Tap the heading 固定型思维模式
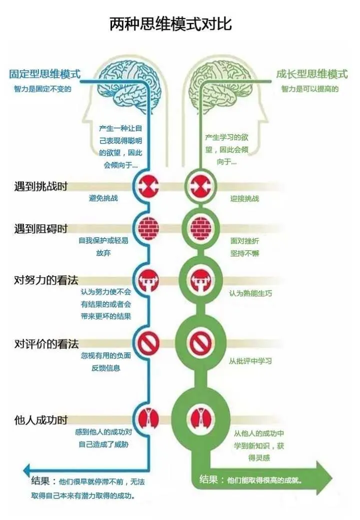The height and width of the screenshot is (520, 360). (x=45, y=74)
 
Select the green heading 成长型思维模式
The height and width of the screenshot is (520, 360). (x=311, y=74)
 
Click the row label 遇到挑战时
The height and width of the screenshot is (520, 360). (x=40, y=186)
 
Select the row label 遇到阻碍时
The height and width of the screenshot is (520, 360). (x=40, y=229)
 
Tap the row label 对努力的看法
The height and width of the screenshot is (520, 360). (x=46, y=280)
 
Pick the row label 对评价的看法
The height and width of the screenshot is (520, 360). (x=46, y=344)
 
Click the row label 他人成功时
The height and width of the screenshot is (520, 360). (x=40, y=419)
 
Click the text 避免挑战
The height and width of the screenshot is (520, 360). (x=103, y=199)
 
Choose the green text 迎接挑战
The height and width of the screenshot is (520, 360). (x=244, y=199)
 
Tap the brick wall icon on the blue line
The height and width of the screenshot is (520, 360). (x=148, y=228)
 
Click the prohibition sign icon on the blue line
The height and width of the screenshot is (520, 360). (x=148, y=343)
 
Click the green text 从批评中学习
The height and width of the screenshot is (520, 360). (x=250, y=361)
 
